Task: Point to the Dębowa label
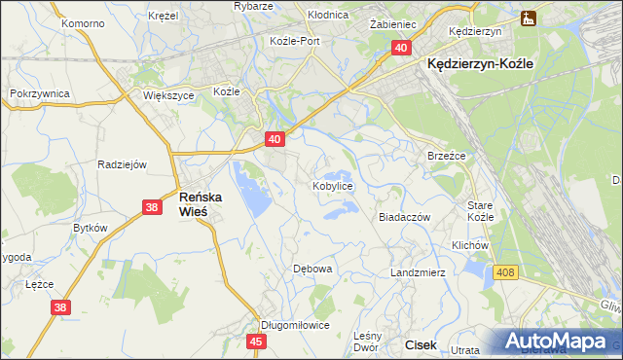point(313,268)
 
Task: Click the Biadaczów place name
point(404,218)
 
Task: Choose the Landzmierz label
point(418,272)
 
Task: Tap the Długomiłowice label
point(295,325)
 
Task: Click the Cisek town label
point(421,344)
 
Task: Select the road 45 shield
point(257,342)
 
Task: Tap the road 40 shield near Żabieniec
point(402,47)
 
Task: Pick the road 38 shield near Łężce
point(61,307)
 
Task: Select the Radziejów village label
point(122,164)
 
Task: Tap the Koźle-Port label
point(295,41)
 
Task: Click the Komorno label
point(82,21)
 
